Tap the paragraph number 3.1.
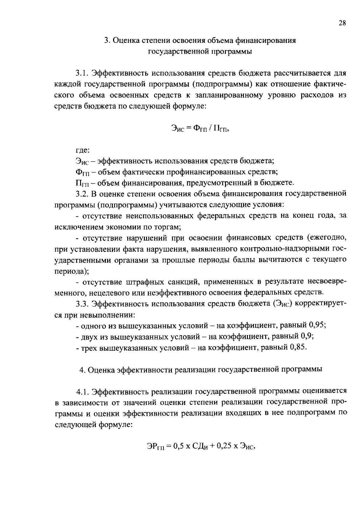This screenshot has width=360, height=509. click(x=82, y=73)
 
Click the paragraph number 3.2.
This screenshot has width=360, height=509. click(x=82, y=194)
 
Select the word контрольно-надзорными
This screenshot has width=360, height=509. click(x=284, y=249)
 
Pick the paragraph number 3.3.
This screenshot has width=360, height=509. click(x=82, y=304)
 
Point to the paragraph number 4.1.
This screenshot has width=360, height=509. click(x=83, y=391)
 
